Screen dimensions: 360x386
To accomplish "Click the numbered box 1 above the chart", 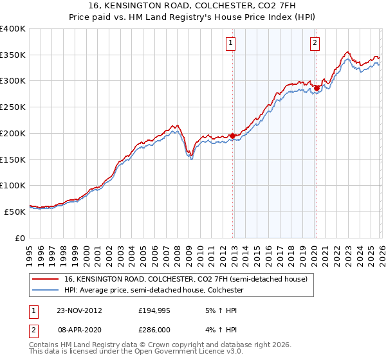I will (x=230, y=43).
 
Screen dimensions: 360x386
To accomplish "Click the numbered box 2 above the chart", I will (x=315, y=43).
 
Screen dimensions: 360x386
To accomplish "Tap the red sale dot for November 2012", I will (x=232, y=136).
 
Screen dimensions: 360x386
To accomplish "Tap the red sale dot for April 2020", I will (x=317, y=88).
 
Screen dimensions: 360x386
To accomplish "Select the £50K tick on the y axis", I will (x=15, y=211).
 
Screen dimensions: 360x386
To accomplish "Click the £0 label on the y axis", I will (x=21, y=237).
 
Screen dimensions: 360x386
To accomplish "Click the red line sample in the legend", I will (x=46, y=280).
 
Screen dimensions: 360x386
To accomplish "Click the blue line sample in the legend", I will (x=46, y=290).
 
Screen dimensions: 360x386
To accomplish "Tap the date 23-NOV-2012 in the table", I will (x=79, y=310).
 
